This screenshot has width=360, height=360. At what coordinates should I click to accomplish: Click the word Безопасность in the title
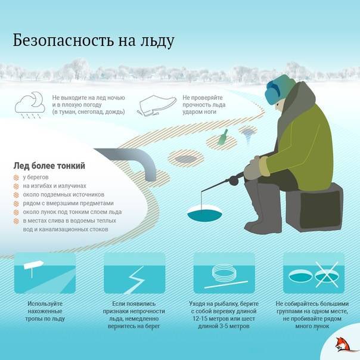tap(63, 41)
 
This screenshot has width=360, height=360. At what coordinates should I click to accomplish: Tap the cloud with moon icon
tap(30, 105)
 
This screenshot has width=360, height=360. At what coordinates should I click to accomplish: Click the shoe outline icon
tap(157, 105)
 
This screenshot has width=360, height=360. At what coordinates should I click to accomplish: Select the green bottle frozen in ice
tap(222, 137)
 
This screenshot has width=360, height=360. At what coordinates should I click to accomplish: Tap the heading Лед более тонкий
tap(49, 166)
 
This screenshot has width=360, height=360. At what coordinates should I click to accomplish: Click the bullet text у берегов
tap(36, 177)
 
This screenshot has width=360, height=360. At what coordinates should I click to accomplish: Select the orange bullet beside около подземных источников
tap(16, 195)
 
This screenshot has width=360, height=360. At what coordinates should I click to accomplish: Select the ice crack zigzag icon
tap(135, 280)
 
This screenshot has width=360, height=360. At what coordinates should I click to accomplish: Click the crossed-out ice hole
tap(327, 275)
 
